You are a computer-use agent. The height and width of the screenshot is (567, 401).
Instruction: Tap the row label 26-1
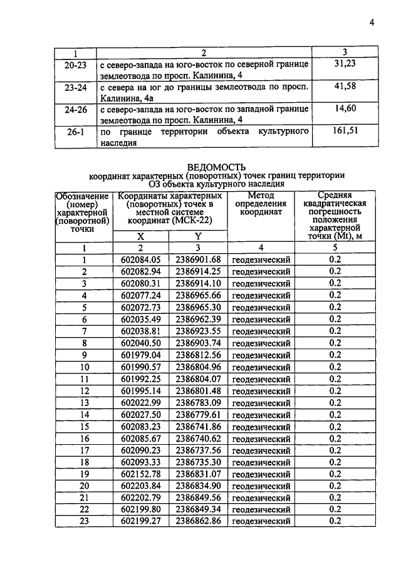75,133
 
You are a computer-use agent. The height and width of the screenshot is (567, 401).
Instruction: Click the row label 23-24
75,88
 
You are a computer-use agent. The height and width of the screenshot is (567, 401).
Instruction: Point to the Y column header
197,236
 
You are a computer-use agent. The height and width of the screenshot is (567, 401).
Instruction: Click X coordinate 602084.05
141,260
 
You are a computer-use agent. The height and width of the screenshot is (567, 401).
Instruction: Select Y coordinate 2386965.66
198,295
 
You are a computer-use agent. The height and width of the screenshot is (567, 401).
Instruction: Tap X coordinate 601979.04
141,355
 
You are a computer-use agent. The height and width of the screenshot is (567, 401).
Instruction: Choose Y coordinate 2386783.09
198,402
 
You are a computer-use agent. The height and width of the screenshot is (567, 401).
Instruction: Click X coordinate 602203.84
141,486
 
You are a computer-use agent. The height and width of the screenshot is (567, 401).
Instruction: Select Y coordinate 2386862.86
198,521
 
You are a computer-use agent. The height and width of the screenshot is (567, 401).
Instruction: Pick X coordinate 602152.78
141,474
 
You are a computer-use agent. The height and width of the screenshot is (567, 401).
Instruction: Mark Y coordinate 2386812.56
198,355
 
